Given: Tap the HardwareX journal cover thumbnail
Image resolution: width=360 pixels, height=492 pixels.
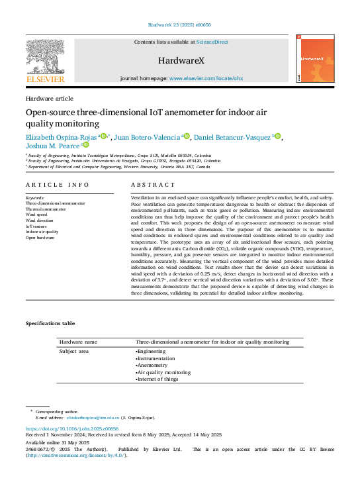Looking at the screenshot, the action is click(316, 62).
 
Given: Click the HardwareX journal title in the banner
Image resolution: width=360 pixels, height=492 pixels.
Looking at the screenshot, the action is click(179, 60).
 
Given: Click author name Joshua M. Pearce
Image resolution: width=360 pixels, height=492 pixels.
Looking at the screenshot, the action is click(52, 145).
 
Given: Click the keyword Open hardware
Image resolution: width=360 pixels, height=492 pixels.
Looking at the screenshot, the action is click(41, 237).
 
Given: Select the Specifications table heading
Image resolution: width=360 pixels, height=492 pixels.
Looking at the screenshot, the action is click(50, 323).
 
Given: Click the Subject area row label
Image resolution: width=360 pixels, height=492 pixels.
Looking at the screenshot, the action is click(74, 351).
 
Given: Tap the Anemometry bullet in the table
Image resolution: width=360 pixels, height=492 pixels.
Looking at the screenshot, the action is click(152, 365).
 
